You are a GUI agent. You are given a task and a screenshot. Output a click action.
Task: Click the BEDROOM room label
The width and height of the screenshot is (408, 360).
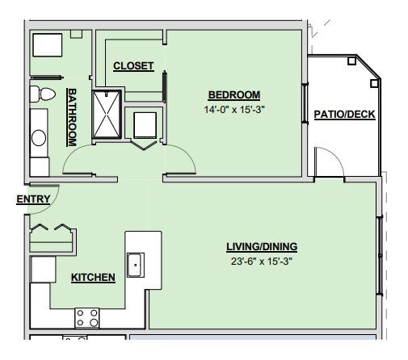[x=233, y=94]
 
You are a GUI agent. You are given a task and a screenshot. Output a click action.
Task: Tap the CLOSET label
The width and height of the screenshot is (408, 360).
[x=133, y=66]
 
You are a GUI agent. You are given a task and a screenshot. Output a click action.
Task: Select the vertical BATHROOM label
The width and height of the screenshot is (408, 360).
[x=72, y=117]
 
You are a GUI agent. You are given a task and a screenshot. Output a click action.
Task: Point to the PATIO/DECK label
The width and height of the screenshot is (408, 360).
[x=344, y=114]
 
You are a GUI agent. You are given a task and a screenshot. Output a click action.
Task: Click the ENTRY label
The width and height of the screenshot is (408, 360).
[x=33, y=199]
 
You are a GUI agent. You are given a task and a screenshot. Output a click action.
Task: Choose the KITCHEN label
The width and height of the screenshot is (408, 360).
[x=93, y=278]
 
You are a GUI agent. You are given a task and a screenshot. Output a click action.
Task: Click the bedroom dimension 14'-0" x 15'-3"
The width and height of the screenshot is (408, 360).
[x=233, y=109]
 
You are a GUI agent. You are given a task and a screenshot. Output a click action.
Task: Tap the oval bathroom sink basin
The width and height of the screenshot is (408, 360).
[x=39, y=138]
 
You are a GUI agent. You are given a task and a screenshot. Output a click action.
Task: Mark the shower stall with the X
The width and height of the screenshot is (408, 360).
[x=106, y=115]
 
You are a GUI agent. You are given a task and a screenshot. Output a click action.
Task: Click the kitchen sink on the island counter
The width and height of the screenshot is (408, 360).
[x=135, y=264]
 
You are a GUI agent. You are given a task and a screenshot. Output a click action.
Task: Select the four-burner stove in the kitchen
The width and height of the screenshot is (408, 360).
[x=86, y=317]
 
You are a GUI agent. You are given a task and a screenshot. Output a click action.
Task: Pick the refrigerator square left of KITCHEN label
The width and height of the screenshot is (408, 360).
[x=42, y=270]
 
